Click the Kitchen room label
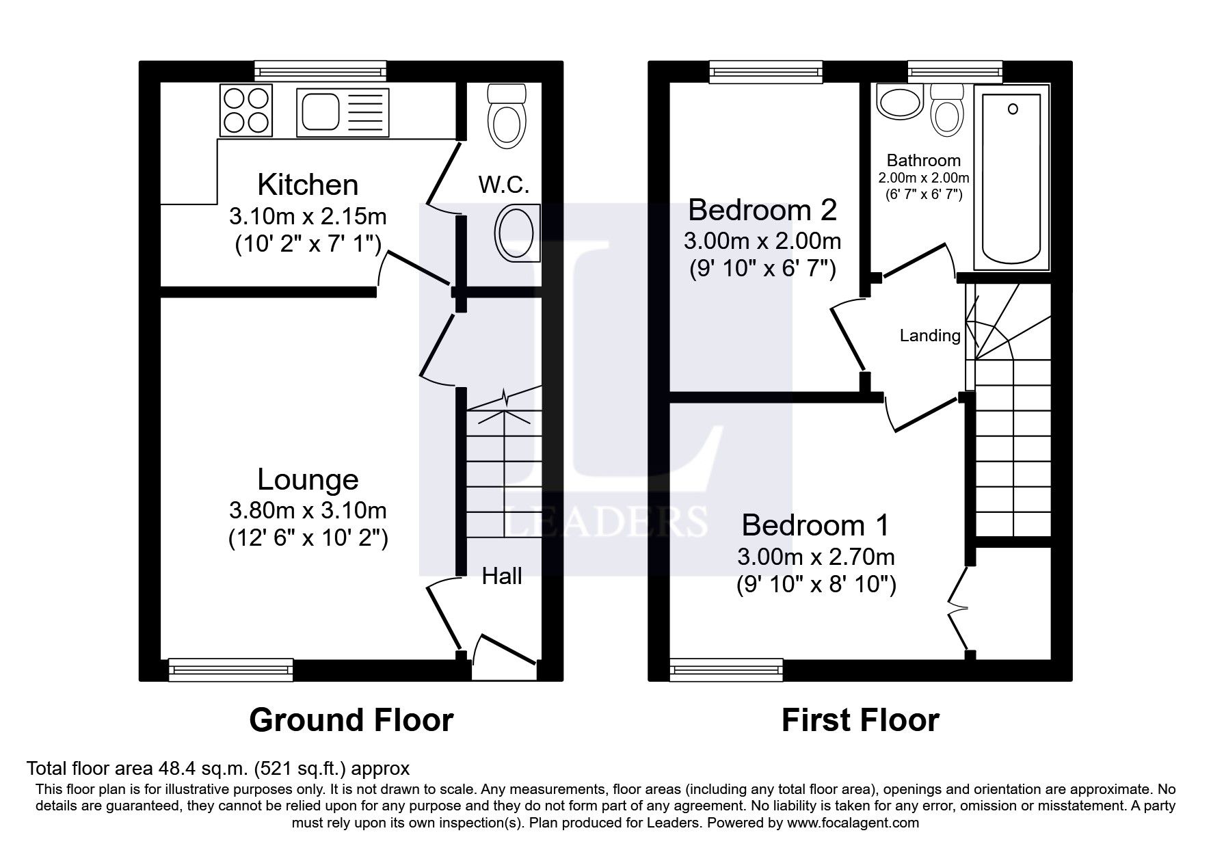308,185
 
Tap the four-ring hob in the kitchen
245,111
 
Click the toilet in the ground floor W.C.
507,116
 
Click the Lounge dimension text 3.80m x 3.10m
308,510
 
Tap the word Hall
501,577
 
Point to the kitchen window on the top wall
320,70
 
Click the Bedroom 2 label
762,210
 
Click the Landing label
929,336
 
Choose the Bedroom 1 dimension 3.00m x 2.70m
816,557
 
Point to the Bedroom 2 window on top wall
765,70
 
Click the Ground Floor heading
351,720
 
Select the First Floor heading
860,720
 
